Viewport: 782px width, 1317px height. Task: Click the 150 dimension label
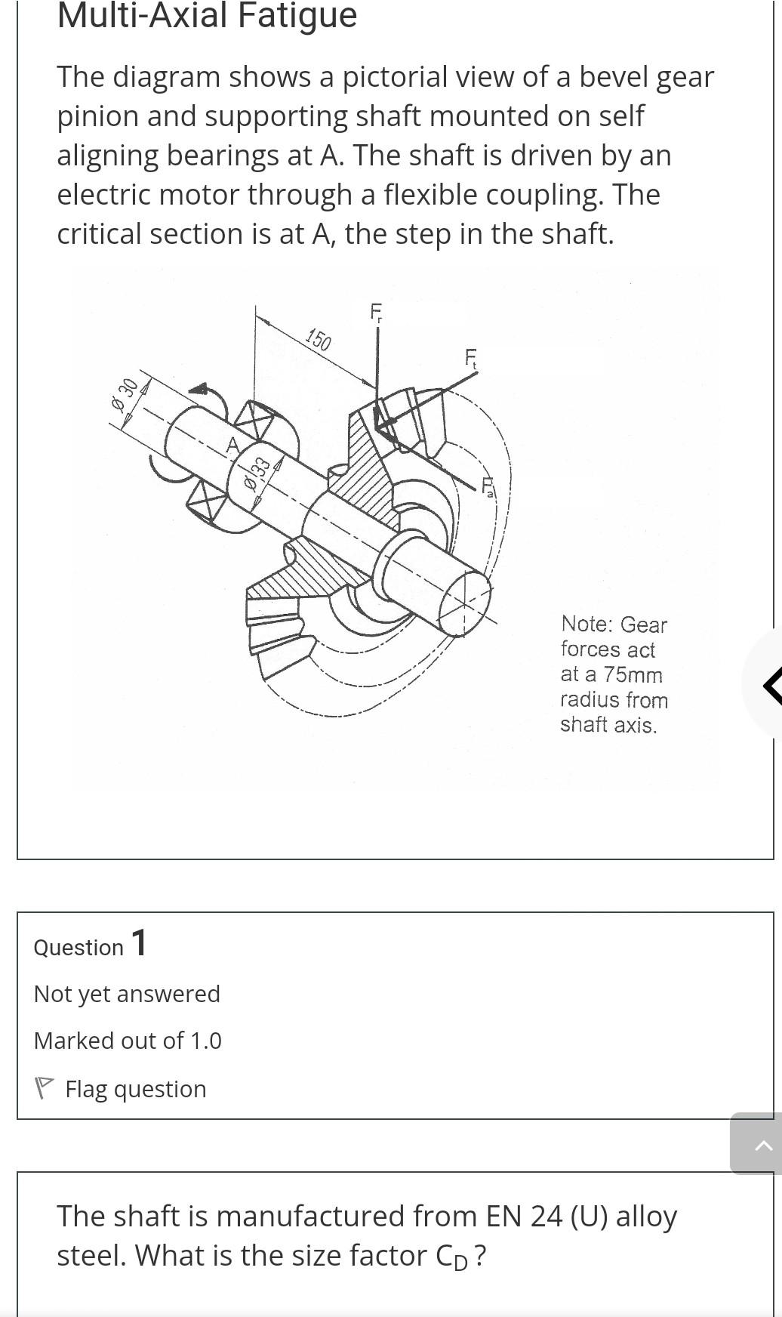click(319, 340)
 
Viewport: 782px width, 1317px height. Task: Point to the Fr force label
click(376, 312)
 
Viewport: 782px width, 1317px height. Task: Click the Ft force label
click(471, 358)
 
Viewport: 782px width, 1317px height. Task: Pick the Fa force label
click(488, 486)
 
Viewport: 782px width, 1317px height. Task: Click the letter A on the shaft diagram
click(232, 445)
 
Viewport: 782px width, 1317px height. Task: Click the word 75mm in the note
click(633, 674)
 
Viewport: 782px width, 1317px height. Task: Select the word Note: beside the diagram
click(586, 624)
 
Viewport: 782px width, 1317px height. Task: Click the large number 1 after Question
click(140, 943)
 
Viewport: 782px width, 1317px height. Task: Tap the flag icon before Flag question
click(45, 1088)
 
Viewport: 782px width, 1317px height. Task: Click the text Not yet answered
click(127, 994)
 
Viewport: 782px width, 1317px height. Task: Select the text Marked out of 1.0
click(128, 1041)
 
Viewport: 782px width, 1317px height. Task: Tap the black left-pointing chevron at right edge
click(771, 684)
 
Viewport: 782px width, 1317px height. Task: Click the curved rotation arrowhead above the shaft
click(199, 390)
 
